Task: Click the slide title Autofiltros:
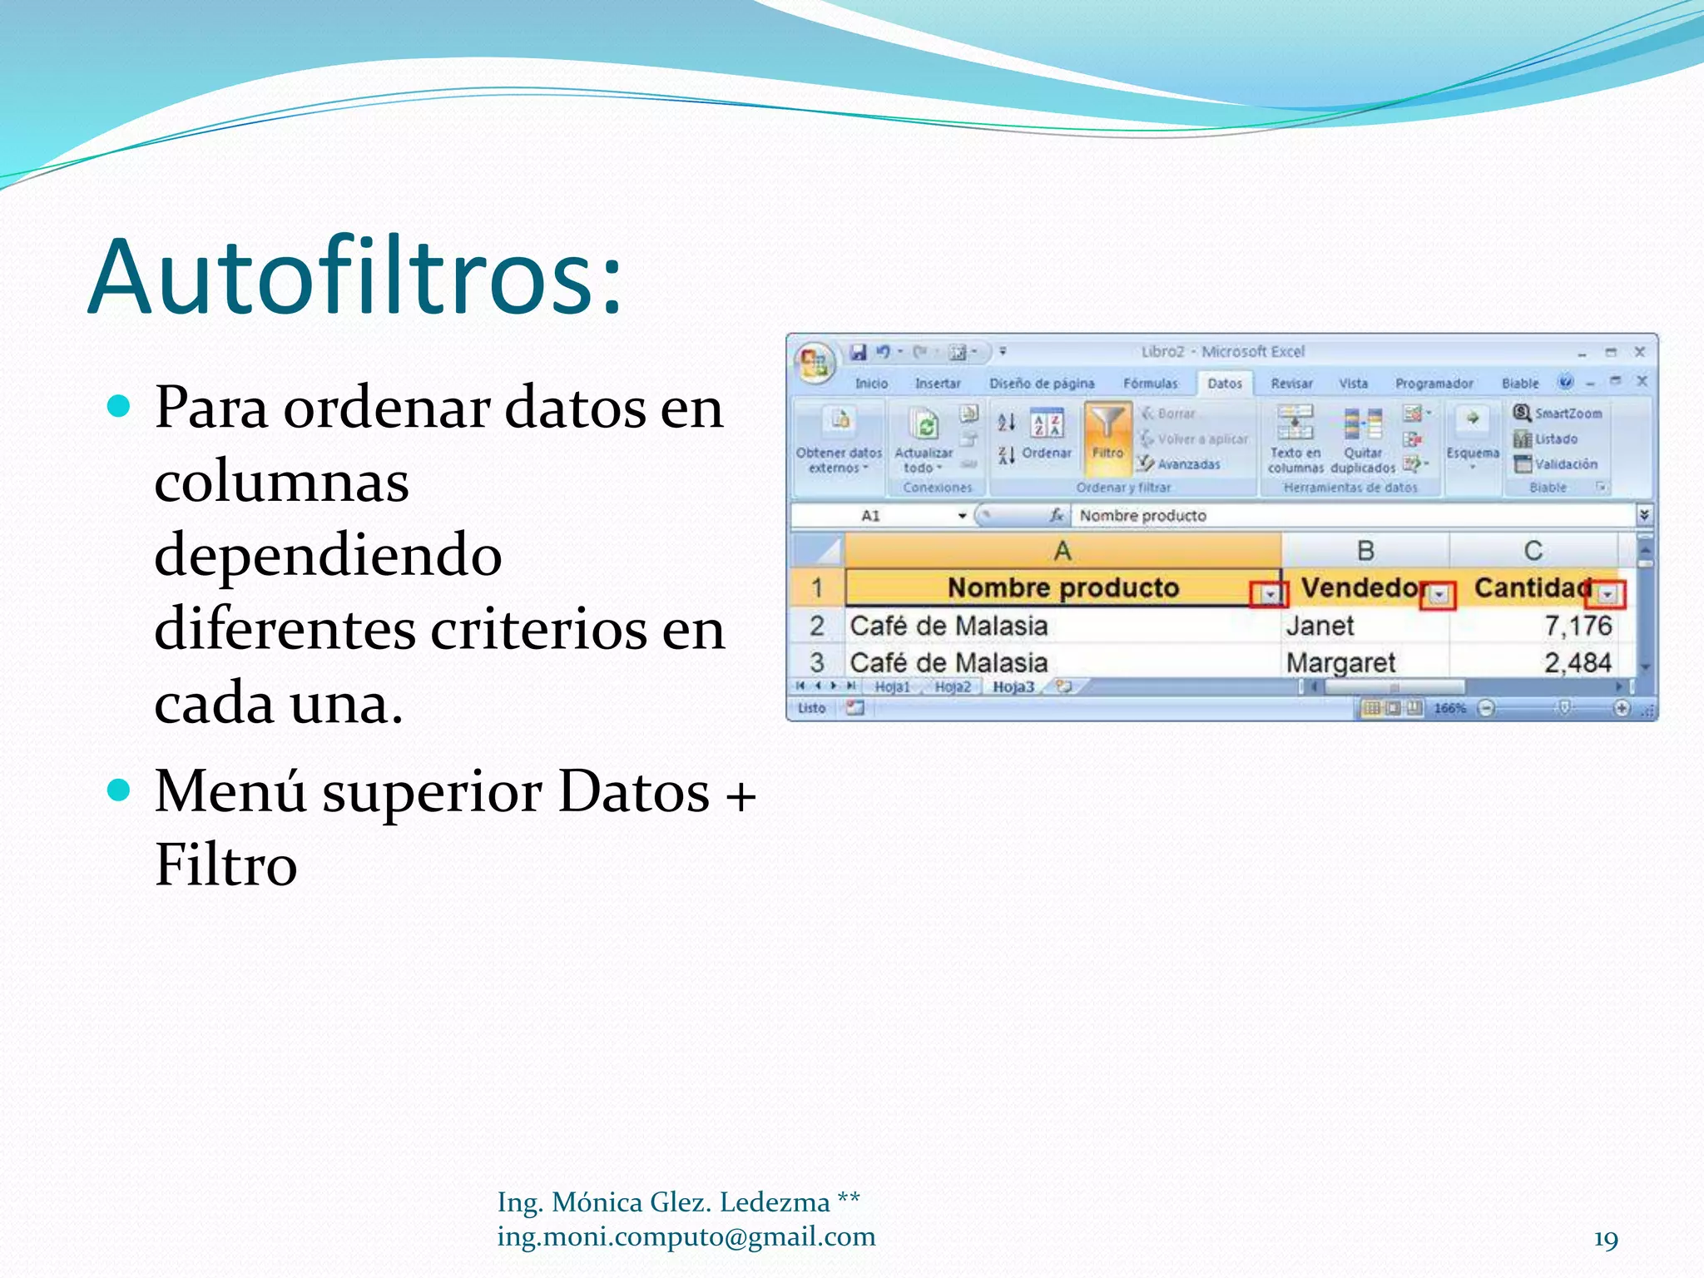(x=355, y=277)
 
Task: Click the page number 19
(x=1605, y=1239)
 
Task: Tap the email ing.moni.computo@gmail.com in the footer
(x=686, y=1236)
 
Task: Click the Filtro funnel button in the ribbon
(x=1107, y=433)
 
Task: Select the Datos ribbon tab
(x=1224, y=384)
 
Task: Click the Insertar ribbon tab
(x=937, y=384)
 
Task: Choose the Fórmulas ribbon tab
(x=1150, y=384)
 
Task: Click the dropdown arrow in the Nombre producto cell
(x=1270, y=594)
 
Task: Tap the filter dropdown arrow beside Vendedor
(x=1439, y=594)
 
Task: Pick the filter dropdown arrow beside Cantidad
(x=1607, y=594)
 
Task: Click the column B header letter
(x=1365, y=551)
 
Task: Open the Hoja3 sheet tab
(x=1013, y=687)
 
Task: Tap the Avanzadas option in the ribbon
(x=1187, y=464)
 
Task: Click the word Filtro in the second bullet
(x=225, y=865)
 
